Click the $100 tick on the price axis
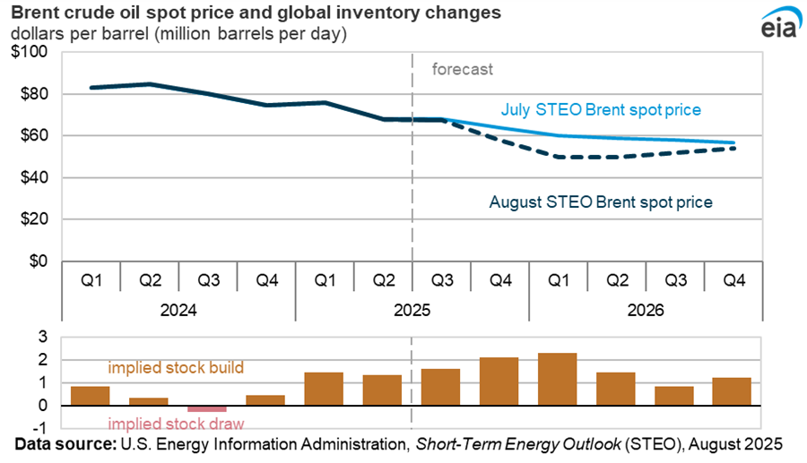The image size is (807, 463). (31, 52)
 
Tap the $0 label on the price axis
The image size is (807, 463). (39, 261)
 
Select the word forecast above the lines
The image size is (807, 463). (463, 69)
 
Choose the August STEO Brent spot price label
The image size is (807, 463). (601, 202)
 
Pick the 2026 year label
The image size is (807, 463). (646, 311)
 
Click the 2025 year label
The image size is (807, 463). (412, 311)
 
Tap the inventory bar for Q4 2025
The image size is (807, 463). (499, 382)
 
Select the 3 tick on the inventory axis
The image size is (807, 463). (41, 337)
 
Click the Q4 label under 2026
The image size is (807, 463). (733, 280)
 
